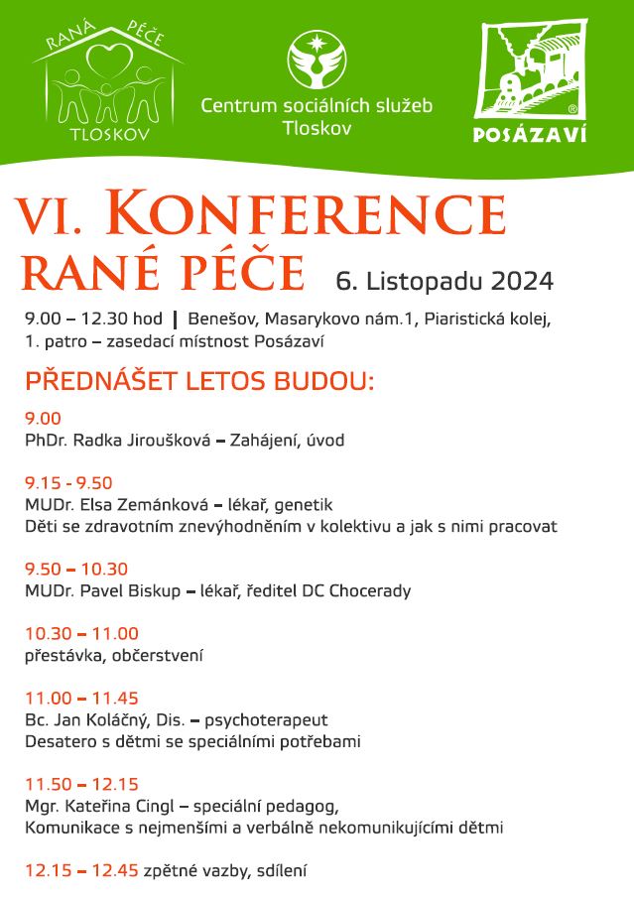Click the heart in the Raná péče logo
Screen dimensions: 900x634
pos(108,60)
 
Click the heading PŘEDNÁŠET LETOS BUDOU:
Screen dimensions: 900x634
pos(199,381)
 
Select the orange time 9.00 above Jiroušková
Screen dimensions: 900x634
pos(43,419)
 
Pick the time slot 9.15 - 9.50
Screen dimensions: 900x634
pos(68,483)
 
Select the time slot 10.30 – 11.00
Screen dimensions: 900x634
pos(81,634)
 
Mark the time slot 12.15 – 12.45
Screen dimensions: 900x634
pos(81,871)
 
